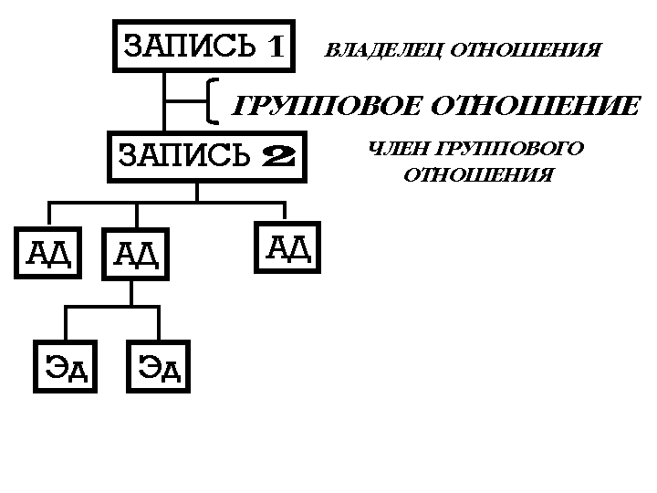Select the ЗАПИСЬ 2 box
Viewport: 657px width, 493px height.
point(206,157)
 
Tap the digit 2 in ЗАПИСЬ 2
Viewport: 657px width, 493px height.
point(277,157)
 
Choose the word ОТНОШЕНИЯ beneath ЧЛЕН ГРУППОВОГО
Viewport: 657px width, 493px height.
point(478,174)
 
